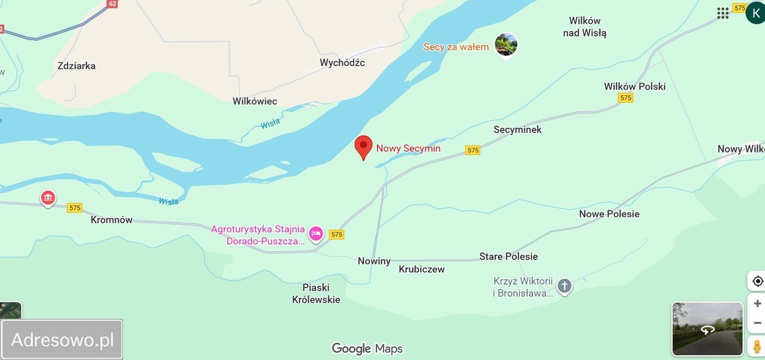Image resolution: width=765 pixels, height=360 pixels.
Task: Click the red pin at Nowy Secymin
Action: [x=363, y=147]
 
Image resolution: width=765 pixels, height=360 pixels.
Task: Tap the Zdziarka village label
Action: [x=76, y=66]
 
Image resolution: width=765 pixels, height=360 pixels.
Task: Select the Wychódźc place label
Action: [x=342, y=63]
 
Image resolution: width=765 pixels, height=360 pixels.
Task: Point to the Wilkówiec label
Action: [x=255, y=101]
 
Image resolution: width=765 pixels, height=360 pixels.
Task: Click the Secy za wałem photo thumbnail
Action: [x=506, y=45]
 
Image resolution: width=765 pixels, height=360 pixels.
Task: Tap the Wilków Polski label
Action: [x=634, y=86]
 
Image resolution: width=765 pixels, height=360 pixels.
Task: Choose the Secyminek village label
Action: [x=517, y=129]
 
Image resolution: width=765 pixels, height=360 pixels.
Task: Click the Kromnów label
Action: [x=112, y=220]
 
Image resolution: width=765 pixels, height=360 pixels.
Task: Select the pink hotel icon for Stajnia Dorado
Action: [x=316, y=234]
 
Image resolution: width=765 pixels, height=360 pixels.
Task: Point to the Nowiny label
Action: [x=374, y=261]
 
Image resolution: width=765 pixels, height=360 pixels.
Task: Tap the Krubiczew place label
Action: [x=422, y=269]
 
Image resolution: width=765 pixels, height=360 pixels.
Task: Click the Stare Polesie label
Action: [x=509, y=257]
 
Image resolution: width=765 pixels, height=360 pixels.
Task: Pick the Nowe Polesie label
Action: [x=609, y=214]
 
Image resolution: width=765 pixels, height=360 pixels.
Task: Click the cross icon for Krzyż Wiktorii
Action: [x=564, y=286]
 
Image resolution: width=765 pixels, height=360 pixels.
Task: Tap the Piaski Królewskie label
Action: [x=316, y=294]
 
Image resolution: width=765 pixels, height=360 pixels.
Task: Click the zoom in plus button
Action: [x=757, y=303]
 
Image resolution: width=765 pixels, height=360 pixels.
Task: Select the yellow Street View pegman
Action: [x=757, y=346]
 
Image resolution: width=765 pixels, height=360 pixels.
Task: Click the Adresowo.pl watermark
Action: [x=62, y=340]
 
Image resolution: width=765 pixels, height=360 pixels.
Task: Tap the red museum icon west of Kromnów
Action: [x=48, y=197]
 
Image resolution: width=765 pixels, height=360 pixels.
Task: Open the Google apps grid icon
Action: [x=723, y=13]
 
